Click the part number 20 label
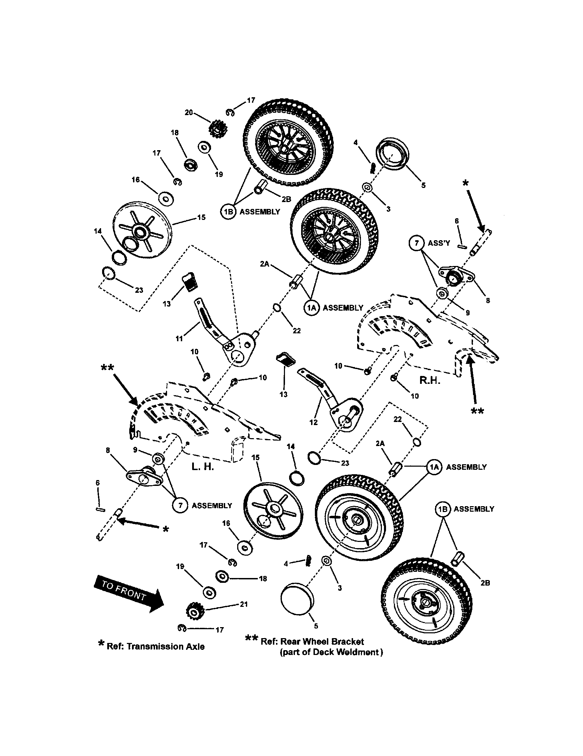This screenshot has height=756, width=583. tap(189, 113)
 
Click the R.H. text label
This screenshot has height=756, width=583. tap(430, 380)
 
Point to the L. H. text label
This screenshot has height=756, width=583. tap(202, 467)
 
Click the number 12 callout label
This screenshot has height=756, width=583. tap(313, 422)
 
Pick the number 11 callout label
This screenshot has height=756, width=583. tap(179, 338)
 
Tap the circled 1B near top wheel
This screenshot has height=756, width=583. tap(228, 211)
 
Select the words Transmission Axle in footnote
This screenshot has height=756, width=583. tap(165, 646)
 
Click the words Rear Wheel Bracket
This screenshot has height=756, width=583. tap(322, 642)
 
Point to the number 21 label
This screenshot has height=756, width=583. tap(244, 604)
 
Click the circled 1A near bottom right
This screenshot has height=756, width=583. tap(434, 467)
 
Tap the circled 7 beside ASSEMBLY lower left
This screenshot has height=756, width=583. tap(180, 506)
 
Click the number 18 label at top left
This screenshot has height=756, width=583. tap(175, 133)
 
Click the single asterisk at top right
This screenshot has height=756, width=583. tap(466, 183)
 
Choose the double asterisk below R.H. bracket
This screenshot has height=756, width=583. tap(477, 411)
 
